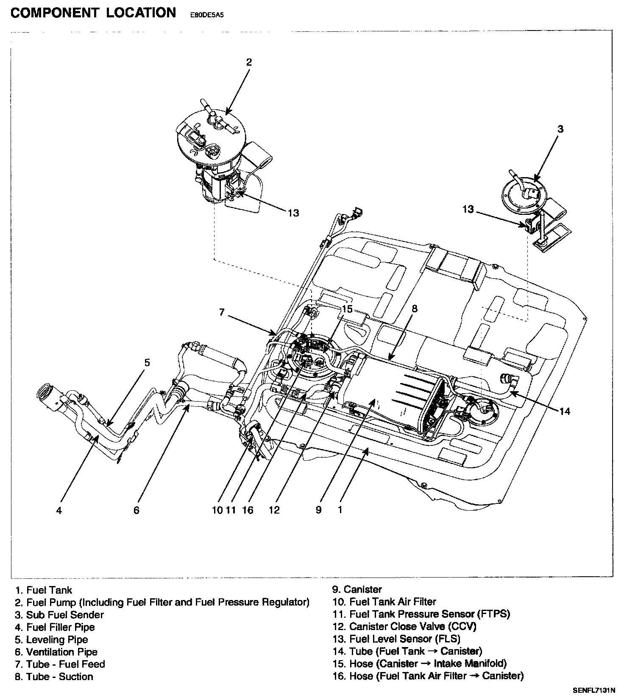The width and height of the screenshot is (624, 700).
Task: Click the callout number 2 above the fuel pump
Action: (249, 62)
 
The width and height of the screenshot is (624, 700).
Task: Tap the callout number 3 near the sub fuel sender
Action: (560, 129)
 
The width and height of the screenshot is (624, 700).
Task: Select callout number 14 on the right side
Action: (565, 411)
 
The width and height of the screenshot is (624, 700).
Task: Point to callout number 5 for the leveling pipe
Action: (147, 363)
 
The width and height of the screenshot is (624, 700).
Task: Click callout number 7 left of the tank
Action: (221, 313)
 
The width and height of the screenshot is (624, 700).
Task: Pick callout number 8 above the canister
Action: (414, 308)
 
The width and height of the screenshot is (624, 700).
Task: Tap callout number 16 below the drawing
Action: (248, 510)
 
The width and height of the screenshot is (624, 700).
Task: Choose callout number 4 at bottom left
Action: (59, 511)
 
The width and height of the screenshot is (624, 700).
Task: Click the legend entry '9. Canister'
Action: (357, 589)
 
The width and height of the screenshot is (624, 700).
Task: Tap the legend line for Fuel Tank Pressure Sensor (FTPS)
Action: (421, 614)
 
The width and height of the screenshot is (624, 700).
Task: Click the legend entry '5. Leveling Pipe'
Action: (51, 639)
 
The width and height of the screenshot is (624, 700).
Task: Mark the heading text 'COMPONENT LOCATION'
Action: (93, 13)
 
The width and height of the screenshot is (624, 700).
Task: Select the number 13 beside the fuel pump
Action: (293, 213)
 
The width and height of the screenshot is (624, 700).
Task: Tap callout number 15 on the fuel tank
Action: (347, 309)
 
